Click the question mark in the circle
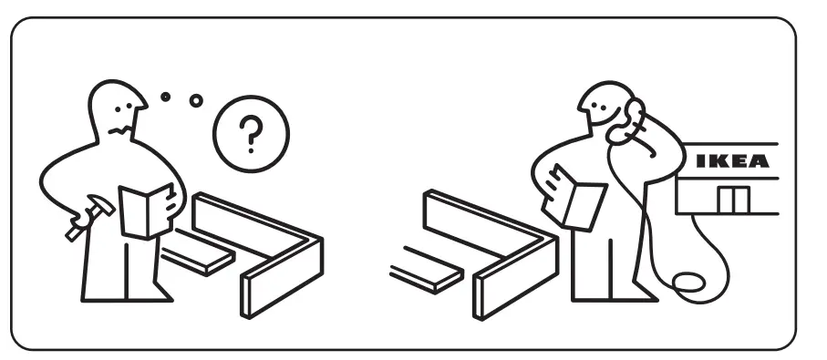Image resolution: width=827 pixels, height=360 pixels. (x=251, y=134)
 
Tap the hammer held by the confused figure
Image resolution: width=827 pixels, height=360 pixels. (x=90, y=217)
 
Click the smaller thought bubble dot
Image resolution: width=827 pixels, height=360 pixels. (x=166, y=97)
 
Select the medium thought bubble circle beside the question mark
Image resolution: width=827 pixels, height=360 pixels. (x=196, y=100)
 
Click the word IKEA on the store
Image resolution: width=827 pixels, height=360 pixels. (x=732, y=160)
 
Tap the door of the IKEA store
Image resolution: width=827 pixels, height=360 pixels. (x=733, y=200)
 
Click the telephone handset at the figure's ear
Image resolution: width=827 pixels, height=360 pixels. (x=627, y=122)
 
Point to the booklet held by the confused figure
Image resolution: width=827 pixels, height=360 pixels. (x=146, y=211)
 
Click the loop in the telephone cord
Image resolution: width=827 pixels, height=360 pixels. (x=688, y=282)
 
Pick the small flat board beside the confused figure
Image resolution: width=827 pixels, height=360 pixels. (x=197, y=252)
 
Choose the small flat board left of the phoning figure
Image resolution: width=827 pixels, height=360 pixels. (x=427, y=270)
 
